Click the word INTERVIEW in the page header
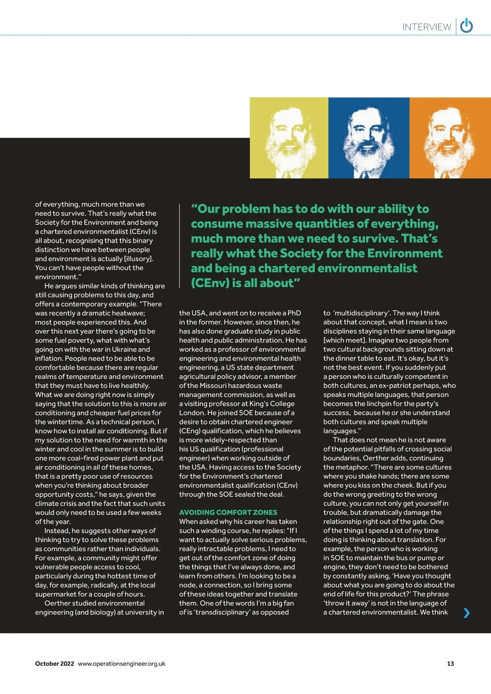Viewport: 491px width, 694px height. tap(426, 27)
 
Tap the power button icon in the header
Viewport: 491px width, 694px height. tap(466, 26)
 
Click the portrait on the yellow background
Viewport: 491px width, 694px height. tap(289, 138)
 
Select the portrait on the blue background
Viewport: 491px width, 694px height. tap(369, 138)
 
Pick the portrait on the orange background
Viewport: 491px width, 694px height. tap(450, 138)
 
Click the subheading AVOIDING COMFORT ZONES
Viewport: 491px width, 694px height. tap(228, 512)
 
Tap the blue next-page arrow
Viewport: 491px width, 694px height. tap(466, 613)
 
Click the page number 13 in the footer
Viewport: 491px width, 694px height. tap(450, 664)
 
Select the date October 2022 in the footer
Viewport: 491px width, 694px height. tap(54, 664)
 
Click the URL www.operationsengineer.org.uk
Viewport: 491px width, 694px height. tap(122, 664)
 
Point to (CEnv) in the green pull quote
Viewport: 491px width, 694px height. tap(210, 283)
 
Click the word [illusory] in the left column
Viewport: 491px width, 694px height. tap(139, 259)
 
